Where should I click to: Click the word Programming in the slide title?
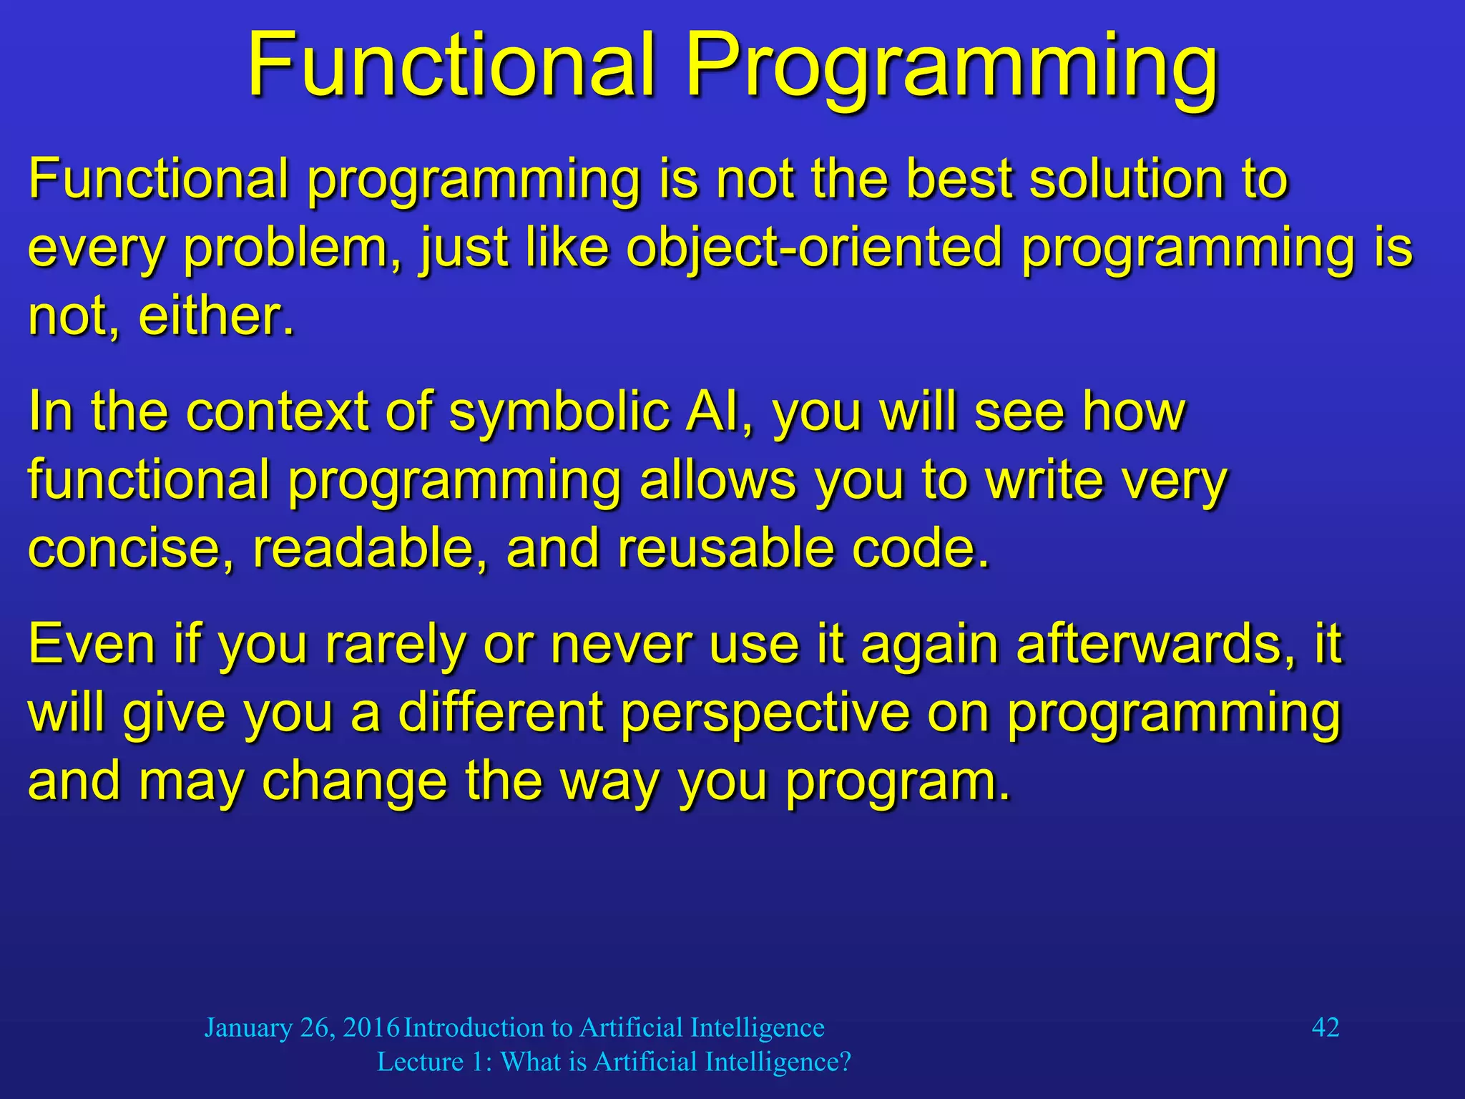tap(951, 68)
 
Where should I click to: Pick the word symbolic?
tap(558, 413)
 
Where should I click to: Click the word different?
tap(501, 713)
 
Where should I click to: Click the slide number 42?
tap(1325, 1027)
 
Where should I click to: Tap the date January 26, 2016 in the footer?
tap(301, 1028)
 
